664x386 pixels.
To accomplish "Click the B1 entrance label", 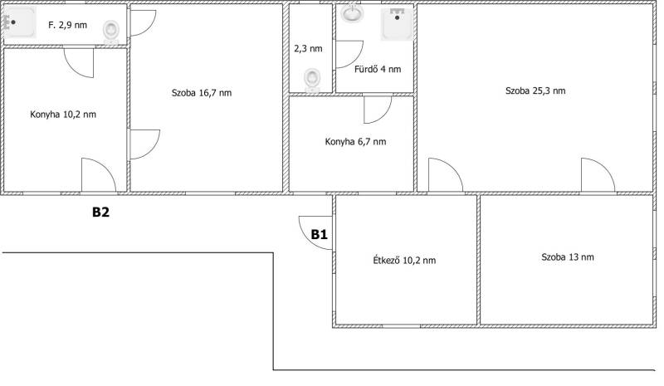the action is pos(320,234).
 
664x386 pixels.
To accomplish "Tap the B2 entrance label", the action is pos(100,212).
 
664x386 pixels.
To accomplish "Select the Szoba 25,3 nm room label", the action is pos(535,90).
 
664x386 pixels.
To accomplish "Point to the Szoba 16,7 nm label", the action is pos(202,93).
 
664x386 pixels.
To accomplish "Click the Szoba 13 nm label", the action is pos(568,257).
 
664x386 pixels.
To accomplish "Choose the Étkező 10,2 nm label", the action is pos(404,260).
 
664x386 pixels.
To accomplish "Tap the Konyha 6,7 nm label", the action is pos(356,141).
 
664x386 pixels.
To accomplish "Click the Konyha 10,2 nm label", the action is pos(63,115).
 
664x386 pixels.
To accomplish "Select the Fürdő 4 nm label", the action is pos(378,69).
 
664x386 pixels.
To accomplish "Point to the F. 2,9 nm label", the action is pos(68,25).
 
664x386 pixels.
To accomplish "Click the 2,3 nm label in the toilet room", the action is pos(308,49).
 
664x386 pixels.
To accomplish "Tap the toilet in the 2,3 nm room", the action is pos(312,80).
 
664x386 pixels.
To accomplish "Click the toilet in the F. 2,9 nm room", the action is pos(111,32).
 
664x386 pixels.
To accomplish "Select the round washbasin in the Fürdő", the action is pos(352,12).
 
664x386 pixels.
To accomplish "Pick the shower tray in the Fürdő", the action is pos(397,24).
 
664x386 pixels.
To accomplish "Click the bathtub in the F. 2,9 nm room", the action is pos(20,22).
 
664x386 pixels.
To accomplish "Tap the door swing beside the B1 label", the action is pos(315,232).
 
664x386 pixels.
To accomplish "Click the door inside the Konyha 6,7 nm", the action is pos(378,110).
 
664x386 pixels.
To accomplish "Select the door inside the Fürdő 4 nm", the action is pos(349,54).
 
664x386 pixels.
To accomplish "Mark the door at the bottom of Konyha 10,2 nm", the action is pos(98,174).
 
